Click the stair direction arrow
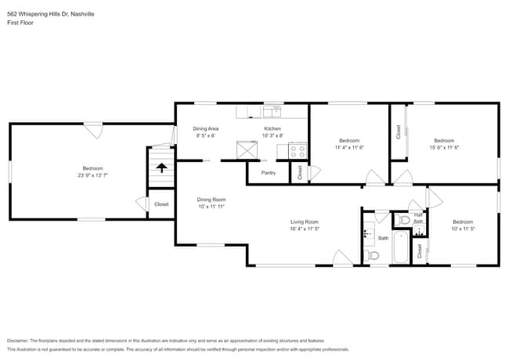click(161, 167)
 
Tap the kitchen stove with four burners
click(297, 149)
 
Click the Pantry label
click(268, 173)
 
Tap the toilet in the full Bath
click(373, 255)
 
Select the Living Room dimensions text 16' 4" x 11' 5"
click(305, 230)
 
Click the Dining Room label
click(211, 200)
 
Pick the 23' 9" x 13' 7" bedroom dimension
click(92, 175)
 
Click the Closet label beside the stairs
click(161, 204)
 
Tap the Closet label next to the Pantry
click(299, 172)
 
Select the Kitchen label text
click(272, 128)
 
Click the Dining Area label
click(205, 128)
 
